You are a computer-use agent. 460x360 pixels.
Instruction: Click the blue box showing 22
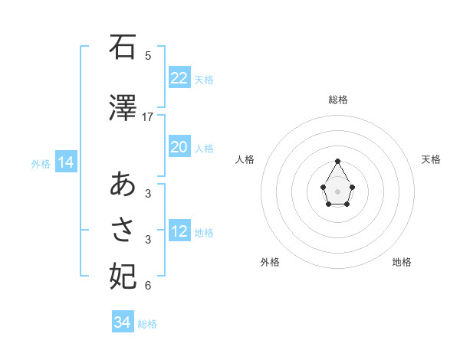click(x=179, y=78)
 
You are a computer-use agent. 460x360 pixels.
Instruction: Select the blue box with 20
click(x=179, y=147)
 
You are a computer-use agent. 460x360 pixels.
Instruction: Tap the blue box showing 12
click(x=179, y=231)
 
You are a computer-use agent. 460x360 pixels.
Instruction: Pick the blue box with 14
click(x=65, y=162)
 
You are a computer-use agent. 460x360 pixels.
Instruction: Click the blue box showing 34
click(x=122, y=323)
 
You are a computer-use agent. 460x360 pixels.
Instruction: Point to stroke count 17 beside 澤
click(x=148, y=117)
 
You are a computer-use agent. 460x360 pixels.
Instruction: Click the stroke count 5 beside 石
click(x=148, y=56)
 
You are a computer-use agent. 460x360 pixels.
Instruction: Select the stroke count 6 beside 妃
click(x=148, y=286)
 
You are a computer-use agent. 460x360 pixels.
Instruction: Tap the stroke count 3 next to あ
click(x=148, y=194)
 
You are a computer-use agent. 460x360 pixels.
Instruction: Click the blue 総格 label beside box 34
click(x=147, y=324)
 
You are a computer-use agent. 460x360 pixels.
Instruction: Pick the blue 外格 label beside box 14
click(x=41, y=163)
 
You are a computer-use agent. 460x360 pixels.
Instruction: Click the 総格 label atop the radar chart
click(x=337, y=100)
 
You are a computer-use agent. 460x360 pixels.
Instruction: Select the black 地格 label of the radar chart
click(x=402, y=262)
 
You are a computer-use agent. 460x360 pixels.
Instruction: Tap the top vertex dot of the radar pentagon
click(x=337, y=162)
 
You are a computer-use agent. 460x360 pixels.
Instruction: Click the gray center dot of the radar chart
click(x=337, y=191)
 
